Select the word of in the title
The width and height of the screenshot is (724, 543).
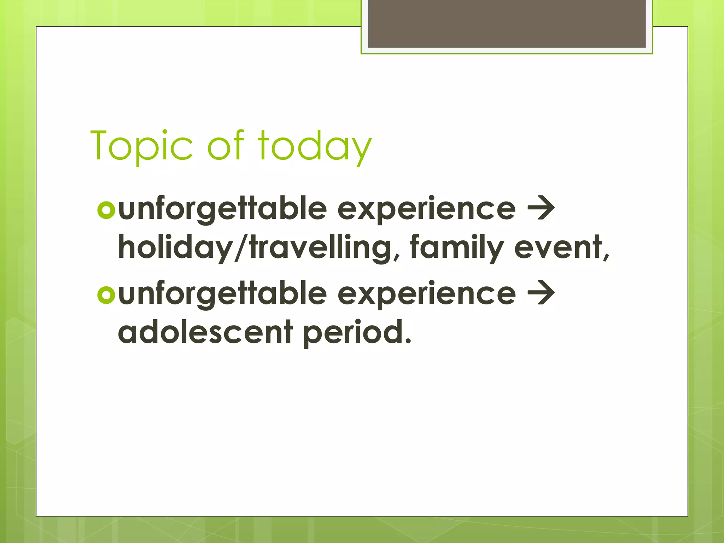pos(226,145)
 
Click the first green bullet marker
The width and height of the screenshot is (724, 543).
pos(106,210)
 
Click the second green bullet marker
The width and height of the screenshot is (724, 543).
pos(106,295)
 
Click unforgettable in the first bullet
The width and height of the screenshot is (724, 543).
pos(222,209)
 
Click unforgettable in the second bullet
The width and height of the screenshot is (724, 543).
pos(222,294)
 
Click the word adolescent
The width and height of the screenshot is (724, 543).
pos(205,332)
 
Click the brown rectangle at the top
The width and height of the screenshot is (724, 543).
pos(507,23)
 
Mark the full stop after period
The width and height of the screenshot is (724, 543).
pos(408,341)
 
